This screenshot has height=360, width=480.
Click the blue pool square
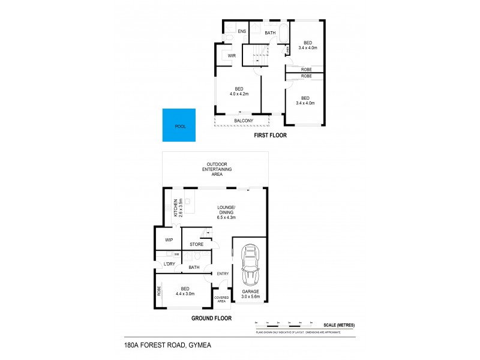point(180,125)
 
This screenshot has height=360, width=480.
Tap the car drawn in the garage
point(250,266)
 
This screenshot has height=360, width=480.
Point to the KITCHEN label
point(176,208)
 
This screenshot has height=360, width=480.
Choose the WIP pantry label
point(169,240)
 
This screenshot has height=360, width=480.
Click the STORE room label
point(196,244)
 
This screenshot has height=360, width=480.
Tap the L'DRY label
point(169,264)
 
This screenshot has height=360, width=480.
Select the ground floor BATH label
point(194,267)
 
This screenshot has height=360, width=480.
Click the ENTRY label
point(223,274)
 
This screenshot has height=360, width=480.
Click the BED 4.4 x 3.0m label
point(186,291)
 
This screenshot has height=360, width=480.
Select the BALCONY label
point(243,121)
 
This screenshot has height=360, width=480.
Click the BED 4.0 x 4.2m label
point(239,92)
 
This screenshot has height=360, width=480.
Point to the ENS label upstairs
point(242,31)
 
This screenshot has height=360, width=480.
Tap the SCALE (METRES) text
point(338,325)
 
